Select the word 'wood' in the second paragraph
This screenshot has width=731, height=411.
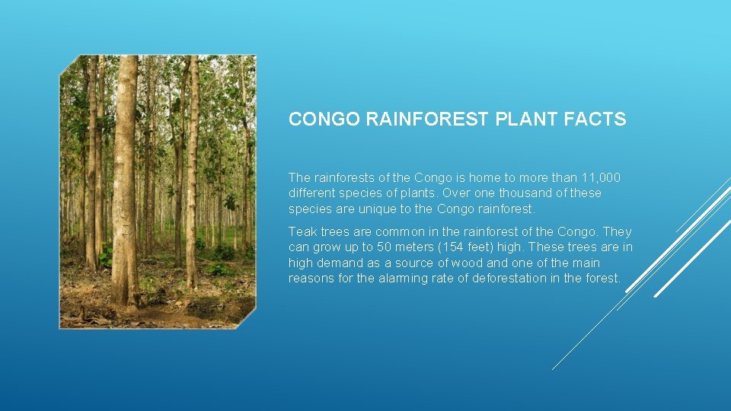pos(484,263)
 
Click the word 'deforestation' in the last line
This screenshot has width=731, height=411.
pos(509,279)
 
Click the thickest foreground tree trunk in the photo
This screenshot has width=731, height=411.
pos(124,183)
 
